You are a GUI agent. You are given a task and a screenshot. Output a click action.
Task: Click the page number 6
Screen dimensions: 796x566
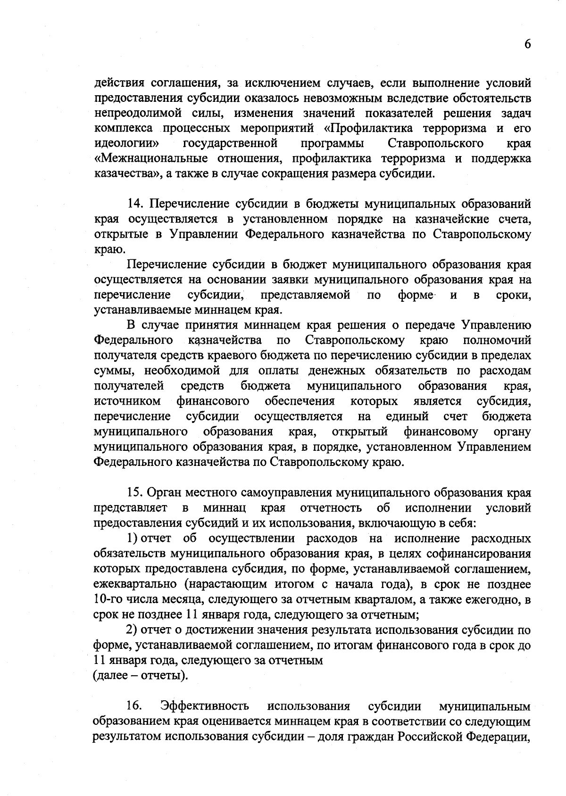pos(527,44)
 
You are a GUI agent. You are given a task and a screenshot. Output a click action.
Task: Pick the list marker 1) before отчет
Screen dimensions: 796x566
pos(132,539)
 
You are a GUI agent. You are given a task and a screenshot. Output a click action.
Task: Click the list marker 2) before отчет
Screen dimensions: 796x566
pos(132,630)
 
